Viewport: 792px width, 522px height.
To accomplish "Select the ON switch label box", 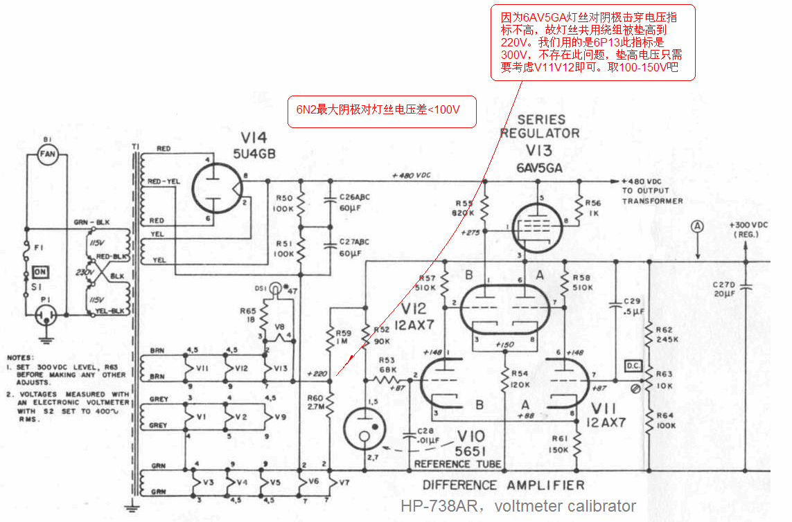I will tap(40, 272).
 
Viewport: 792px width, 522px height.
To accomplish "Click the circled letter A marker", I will tap(698, 226).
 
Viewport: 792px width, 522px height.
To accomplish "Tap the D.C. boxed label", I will tap(632, 365).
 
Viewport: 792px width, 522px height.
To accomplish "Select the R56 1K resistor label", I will tap(592, 208).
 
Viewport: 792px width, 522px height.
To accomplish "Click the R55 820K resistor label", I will tap(464, 208).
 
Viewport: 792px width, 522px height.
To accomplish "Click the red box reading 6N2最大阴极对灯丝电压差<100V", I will tap(382, 111).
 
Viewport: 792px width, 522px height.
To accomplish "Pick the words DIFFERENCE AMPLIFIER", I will tap(503, 485).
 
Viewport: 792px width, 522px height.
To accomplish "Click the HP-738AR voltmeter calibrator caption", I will tap(518, 506).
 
